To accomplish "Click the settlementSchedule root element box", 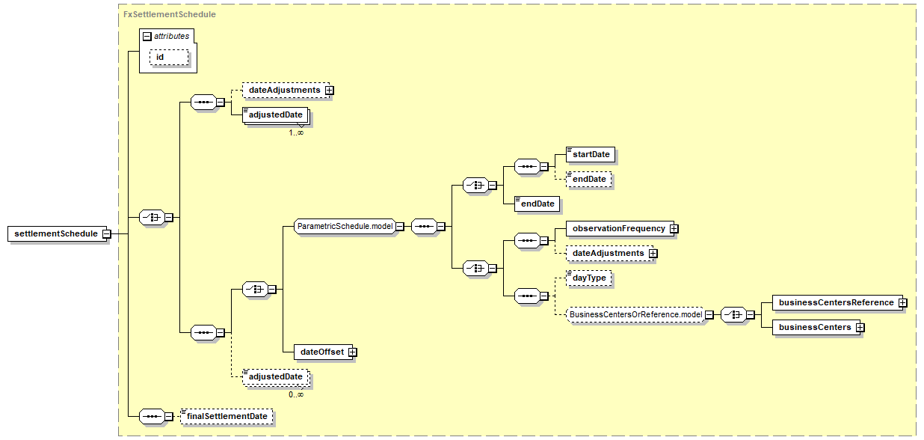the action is pos(58,233).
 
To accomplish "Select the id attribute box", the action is pos(169,58).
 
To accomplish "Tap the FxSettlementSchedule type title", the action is pos(170,14).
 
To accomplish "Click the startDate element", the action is pos(591,154).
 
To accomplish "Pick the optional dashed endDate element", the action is pos(589,179).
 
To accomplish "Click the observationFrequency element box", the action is pos(620,229).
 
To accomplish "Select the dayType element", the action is pos(589,278).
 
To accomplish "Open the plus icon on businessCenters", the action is pos(860,327).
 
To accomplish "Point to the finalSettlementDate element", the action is pos(227,416).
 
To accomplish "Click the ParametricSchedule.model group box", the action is pos(345,226).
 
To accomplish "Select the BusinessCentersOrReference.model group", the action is pos(635,314).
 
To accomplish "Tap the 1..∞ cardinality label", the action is pos(296,132).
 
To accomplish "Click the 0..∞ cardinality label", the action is pos(296,394).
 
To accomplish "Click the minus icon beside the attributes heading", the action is pos(147,37).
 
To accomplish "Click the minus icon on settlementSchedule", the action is pos(107,234).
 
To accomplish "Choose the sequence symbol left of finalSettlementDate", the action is pos(153,417).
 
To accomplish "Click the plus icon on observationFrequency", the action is pos(674,229).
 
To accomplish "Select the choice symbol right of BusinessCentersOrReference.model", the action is pos(733,315).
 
